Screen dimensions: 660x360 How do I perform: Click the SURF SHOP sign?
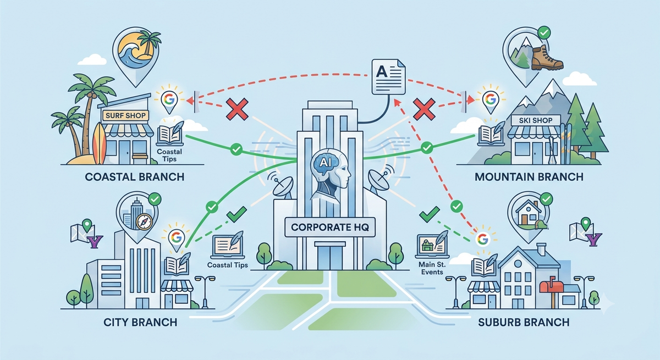point(125,115)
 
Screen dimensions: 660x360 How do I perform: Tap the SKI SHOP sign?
point(536,120)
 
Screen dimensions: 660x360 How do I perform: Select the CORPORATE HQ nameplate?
point(329,227)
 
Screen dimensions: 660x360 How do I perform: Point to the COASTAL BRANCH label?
point(135,177)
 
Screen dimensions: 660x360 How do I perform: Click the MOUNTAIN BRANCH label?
point(529,177)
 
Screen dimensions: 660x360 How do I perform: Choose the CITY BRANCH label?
point(140,322)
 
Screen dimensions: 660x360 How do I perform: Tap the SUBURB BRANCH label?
point(524,322)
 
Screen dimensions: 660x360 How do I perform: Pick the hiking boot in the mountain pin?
point(547,58)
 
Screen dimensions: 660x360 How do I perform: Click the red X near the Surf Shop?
point(237,109)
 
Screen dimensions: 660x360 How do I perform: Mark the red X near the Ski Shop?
point(424,109)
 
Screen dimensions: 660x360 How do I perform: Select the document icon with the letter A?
point(388,76)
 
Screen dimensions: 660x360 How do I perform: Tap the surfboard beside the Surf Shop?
point(100,143)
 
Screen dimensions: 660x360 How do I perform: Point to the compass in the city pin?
point(144,221)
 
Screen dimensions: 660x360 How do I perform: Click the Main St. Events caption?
point(432,268)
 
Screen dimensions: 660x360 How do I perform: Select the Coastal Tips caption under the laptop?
point(228,265)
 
